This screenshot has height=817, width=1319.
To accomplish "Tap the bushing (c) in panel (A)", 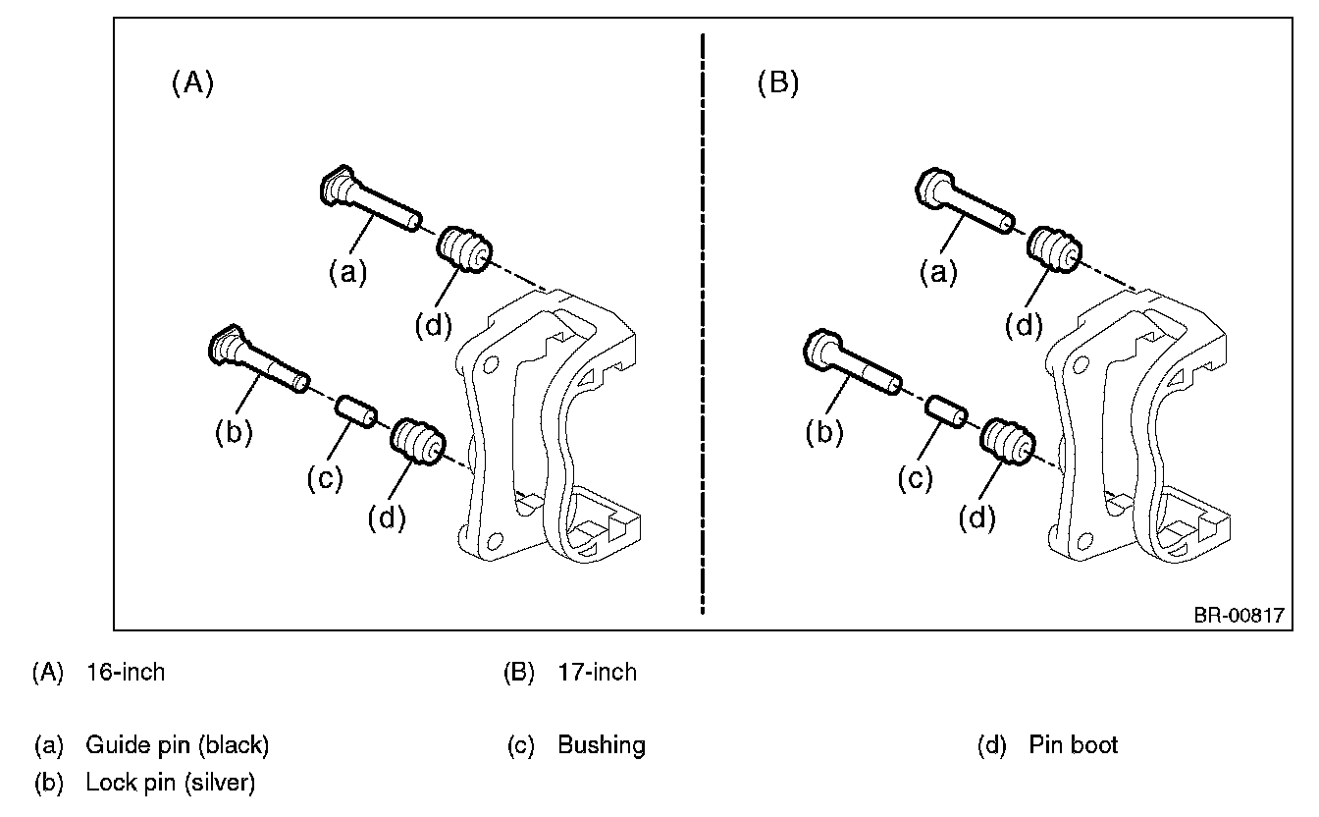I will click(x=353, y=409).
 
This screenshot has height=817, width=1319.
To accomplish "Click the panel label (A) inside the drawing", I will click(x=192, y=83).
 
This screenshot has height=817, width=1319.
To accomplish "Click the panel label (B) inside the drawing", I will click(x=778, y=83).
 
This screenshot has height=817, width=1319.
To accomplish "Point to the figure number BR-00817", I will click(x=1239, y=616).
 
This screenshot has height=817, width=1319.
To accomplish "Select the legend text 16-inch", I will click(x=126, y=673).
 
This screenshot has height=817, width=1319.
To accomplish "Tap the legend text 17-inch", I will click(x=597, y=673).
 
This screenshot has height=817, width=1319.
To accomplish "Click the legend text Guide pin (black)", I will click(x=177, y=745).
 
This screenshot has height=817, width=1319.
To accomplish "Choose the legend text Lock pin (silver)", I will click(x=171, y=783).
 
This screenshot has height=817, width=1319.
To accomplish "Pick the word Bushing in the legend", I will click(x=602, y=745).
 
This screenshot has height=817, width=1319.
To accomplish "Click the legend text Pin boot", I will click(x=1073, y=745).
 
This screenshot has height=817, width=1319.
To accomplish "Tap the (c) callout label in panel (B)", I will click(x=918, y=478).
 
